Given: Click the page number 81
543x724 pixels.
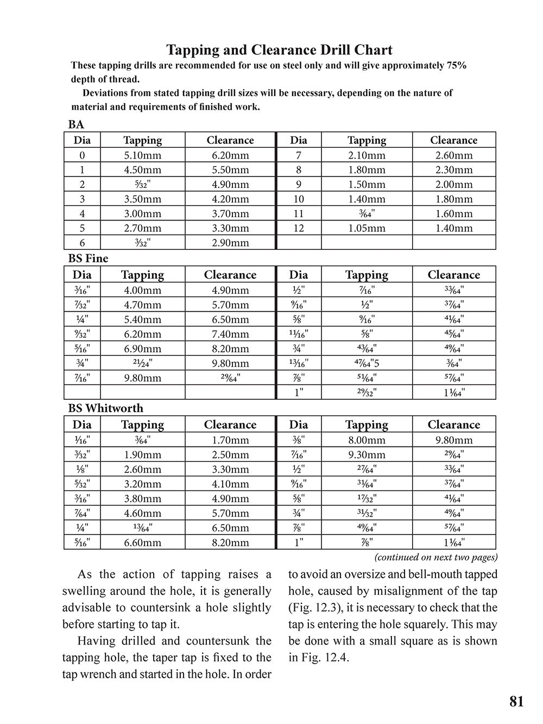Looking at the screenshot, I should (516, 701).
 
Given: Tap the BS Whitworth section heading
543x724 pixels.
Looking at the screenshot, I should (106, 408).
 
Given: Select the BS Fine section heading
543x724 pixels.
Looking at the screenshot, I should (88, 259).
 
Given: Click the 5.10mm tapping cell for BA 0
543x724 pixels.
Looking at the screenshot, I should (142, 155).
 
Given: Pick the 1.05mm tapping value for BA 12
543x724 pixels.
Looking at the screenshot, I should (367, 228).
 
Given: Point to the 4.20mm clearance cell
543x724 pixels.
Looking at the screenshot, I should (230, 199).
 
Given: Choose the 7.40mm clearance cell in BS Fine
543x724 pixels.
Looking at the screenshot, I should (230, 334).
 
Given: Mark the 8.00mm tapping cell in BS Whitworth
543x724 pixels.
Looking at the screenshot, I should (367, 440).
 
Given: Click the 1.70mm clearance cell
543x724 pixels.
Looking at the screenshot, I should (230, 440).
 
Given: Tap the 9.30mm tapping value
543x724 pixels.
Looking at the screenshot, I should (367, 455).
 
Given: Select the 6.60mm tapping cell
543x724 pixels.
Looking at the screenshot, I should (142, 542).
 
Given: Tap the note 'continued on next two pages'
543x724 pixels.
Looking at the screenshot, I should (436, 557).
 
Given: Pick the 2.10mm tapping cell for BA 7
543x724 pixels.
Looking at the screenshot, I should (367, 155).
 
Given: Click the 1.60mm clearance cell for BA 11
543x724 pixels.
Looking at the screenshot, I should (454, 213).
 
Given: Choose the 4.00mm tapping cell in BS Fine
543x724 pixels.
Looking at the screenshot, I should (142, 290).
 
